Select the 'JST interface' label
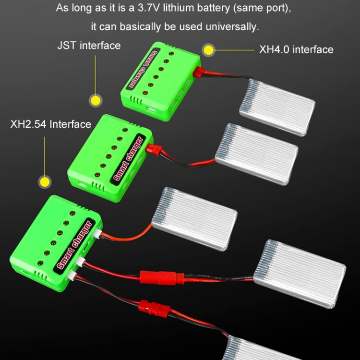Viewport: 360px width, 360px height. (89, 46)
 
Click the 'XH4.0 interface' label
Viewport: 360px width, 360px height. (296, 49)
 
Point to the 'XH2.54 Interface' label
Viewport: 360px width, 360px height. (51, 124)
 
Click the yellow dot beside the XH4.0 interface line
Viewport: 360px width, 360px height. (208, 49)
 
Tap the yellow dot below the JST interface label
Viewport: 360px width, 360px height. (96, 100)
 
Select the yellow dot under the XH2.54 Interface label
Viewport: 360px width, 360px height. (45, 182)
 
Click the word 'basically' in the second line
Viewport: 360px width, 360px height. (134, 27)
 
